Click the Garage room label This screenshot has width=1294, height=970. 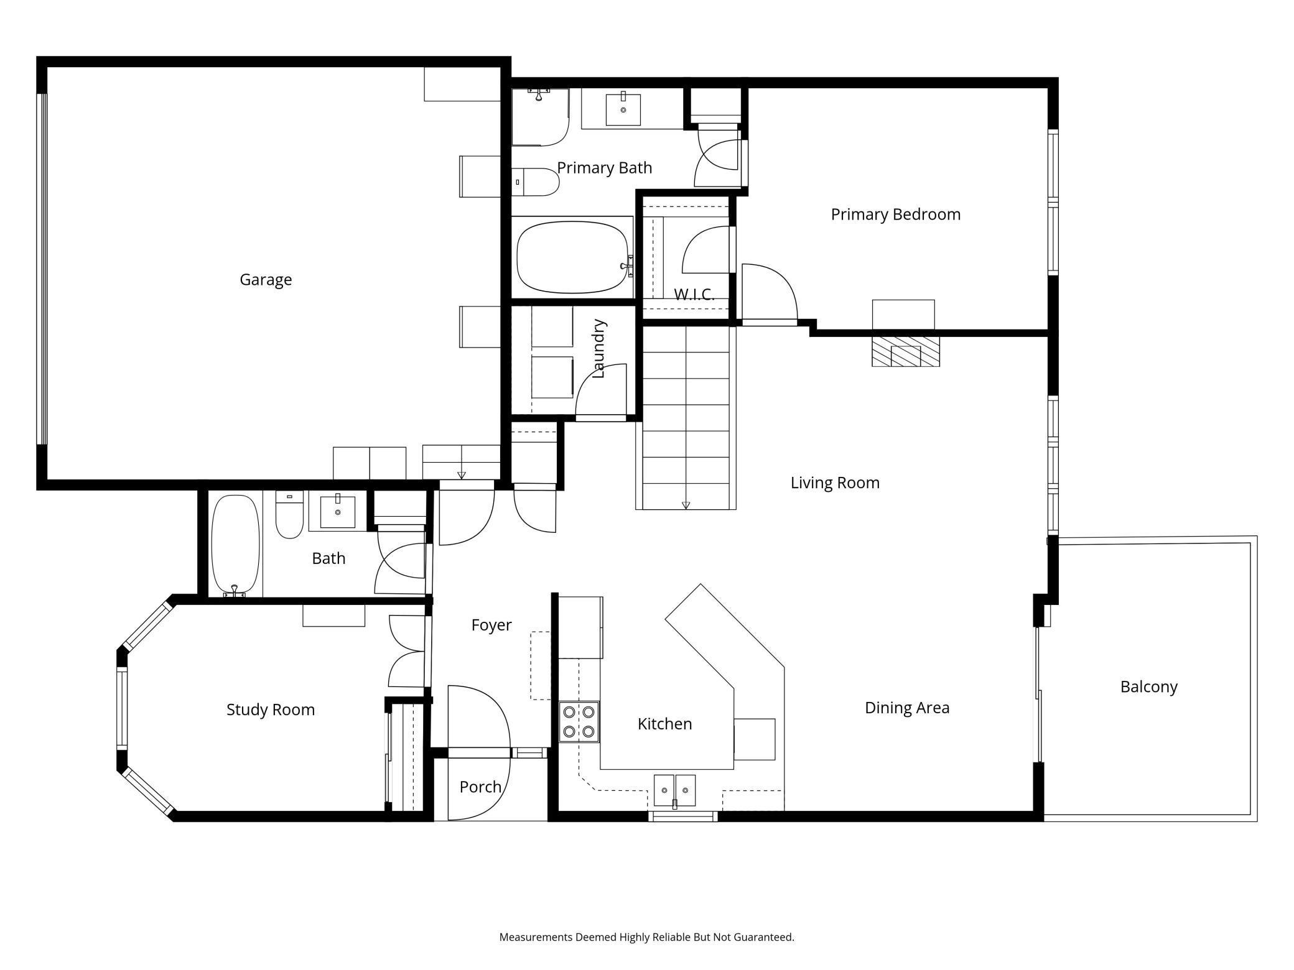(x=266, y=280)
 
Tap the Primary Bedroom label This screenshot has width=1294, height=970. (x=896, y=215)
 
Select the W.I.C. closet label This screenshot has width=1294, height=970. (x=694, y=294)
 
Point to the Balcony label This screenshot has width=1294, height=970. (x=1149, y=687)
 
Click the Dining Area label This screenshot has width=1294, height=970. (x=907, y=708)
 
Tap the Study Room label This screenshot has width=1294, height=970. (x=271, y=709)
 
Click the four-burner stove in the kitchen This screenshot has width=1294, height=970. (x=579, y=721)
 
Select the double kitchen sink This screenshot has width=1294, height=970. (x=674, y=790)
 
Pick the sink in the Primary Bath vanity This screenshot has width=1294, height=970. (x=623, y=109)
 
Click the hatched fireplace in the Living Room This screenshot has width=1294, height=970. (x=905, y=352)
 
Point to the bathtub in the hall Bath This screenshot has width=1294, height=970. (x=235, y=545)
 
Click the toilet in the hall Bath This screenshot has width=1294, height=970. (x=289, y=514)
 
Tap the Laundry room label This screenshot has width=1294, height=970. (x=598, y=349)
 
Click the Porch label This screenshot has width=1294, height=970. (x=480, y=787)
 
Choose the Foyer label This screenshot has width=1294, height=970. (x=491, y=625)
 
